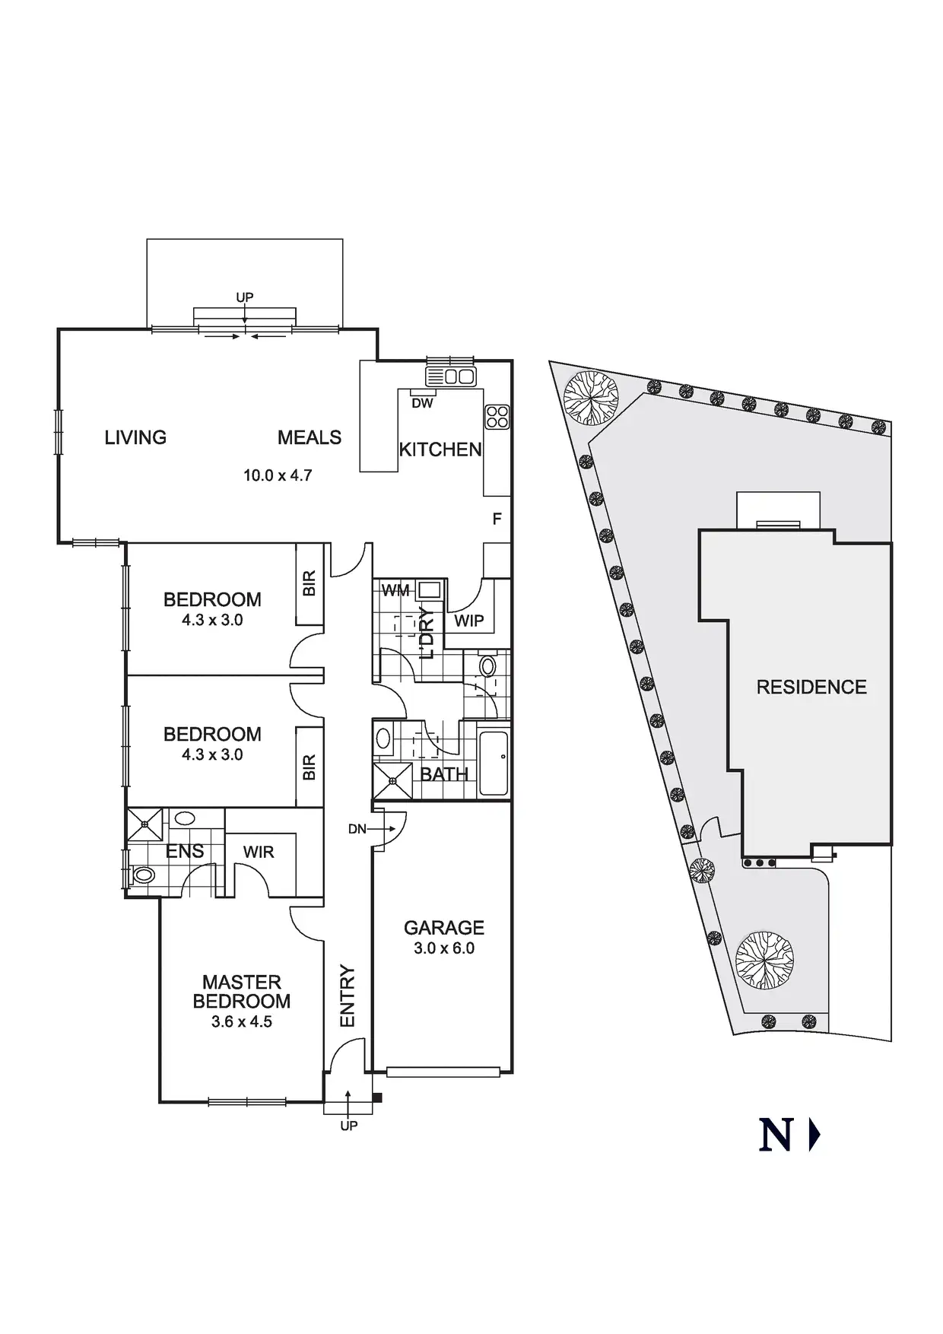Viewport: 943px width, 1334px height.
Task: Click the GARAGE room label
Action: [x=443, y=927]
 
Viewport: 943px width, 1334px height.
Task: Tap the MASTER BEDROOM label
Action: [x=241, y=992]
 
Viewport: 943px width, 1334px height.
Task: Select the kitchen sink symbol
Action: [x=450, y=376]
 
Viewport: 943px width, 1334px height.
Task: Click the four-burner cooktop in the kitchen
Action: [x=497, y=416]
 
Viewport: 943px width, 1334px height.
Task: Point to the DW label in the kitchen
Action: [x=422, y=403]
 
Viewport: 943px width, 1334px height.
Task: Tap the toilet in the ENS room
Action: [x=142, y=875]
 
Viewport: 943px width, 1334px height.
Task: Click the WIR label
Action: [x=259, y=852]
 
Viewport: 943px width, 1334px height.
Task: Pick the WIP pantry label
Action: [x=468, y=621]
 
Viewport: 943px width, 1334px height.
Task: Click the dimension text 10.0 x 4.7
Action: [x=278, y=475]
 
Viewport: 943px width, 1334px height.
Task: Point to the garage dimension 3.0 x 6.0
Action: [x=443, y=948]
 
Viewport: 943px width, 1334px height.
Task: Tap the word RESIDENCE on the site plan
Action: [x=811, y=688]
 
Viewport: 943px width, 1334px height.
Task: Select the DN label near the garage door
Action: [x=357, y=829]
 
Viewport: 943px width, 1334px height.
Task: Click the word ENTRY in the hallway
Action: [x=347, y=996]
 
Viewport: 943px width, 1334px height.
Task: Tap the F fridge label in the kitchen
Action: [x=497, y=519]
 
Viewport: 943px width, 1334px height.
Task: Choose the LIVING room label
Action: [x=135, y=437]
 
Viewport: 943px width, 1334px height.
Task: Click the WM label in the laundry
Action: [x=395, y=591]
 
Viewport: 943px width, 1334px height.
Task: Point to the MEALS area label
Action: [x=310, y=437]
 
